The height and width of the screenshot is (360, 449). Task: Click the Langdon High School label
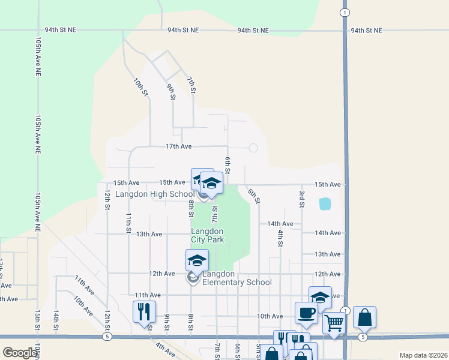click(x=155, y=194)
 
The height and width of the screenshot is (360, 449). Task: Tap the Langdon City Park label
click(x=208, y=235)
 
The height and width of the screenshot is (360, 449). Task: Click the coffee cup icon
click(x=306, y=313)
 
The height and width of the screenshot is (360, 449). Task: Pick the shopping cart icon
click(x=334, y=323)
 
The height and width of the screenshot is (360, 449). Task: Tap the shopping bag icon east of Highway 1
click(x=364, y=317)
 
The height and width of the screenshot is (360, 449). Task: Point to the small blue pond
click(x=325, y=203)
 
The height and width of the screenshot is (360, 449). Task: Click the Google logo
click(x=20, y=352)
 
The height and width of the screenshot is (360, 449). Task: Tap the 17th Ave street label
click(x=179, y=146)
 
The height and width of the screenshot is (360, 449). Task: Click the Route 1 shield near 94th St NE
click(x=344, y=12)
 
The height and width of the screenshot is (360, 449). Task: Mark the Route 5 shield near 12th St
click(x=106, y=337)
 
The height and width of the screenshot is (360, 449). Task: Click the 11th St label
click(x=128, y=222)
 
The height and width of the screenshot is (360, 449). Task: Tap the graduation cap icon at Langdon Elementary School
click(x=196, y=260)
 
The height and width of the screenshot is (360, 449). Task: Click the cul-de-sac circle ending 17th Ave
click(x=253, y=148)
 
